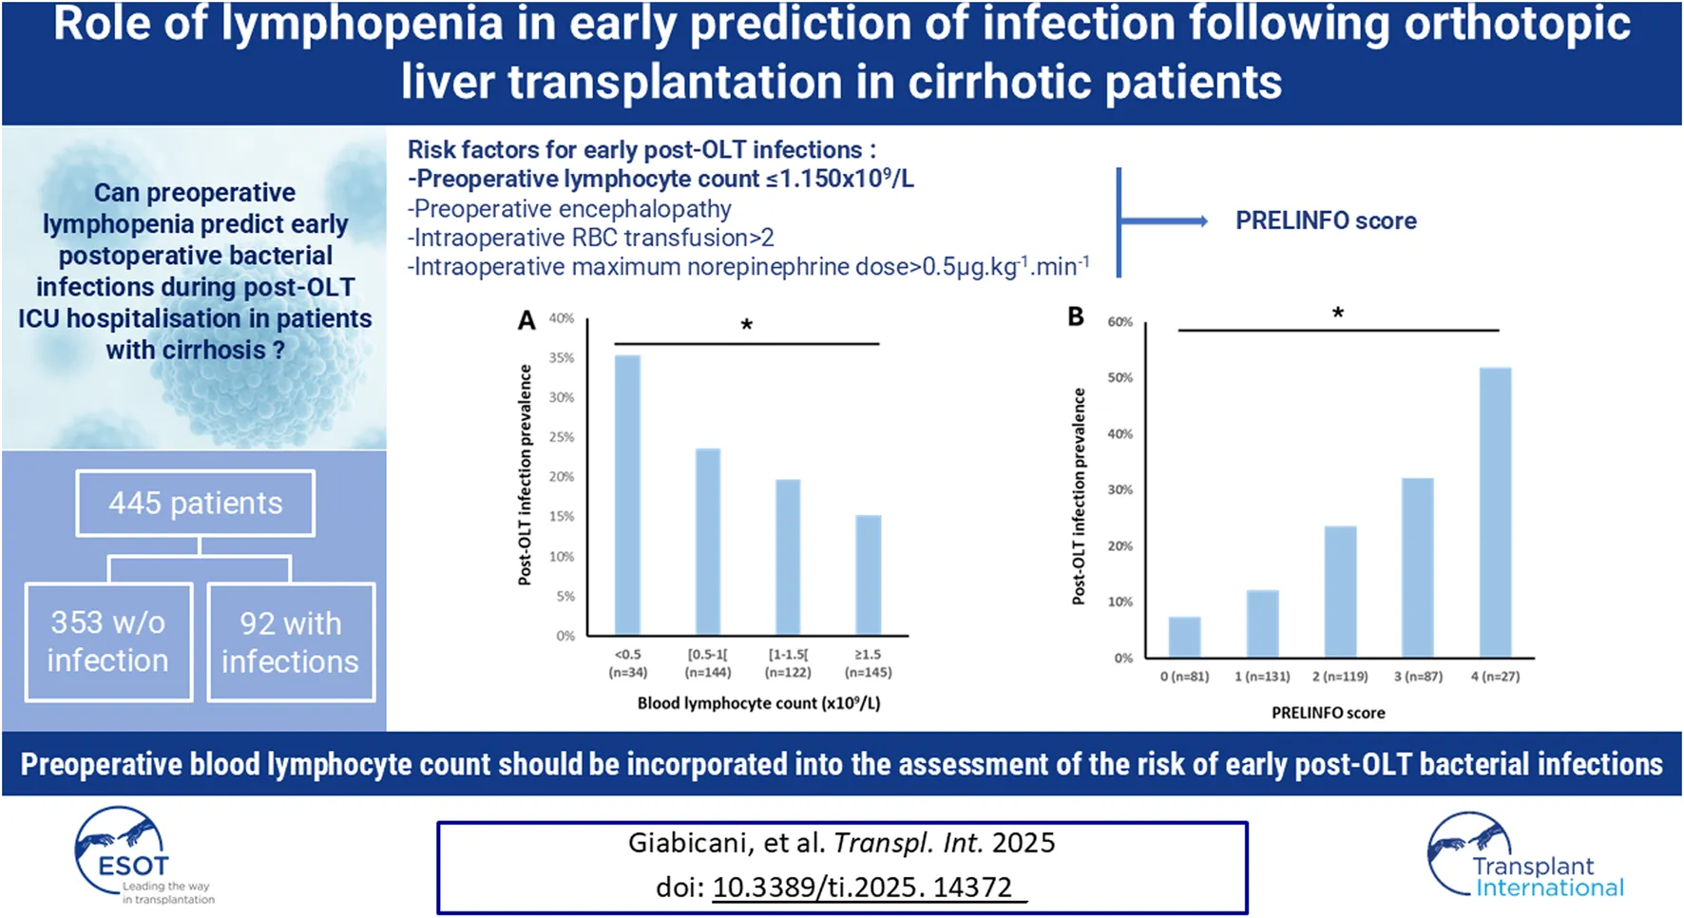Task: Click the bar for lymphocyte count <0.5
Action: pyautogui.click(x=628, y=494)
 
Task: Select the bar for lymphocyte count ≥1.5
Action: pyautogui.click(x=869, y=574)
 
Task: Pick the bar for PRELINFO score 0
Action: pyautogui.click(x=1184, y=637)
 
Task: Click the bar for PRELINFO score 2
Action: pyautogui.click(x=1340, y=591)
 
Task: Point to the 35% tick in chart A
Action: pyautogui.click(x=562, y=358)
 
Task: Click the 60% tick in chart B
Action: pyautogui.click(x=1120, y=322)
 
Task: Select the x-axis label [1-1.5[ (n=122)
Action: pyautogui.click(x=788, y=663)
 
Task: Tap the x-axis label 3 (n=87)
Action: pyautogui.click(x=1418, y=677)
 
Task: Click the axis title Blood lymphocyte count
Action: pyautogui.click(x=758, y=703)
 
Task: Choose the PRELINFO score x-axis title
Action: pyautogui.click(x=1328, y=713)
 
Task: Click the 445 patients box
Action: pyautogui.click(x=195, y=503)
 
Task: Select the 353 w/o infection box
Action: pyautogui.click(x=108, y=641)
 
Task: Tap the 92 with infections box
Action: pyautogui.click(x=291, y=641)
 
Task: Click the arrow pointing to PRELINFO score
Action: pyautogui.click(x=1165, y=221)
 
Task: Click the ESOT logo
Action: pyautogui.click(x=133, y=855)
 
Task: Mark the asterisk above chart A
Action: pyautogui.click(x=747, y=326)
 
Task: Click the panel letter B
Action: pyautogui.click(x=1076, y=316)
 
